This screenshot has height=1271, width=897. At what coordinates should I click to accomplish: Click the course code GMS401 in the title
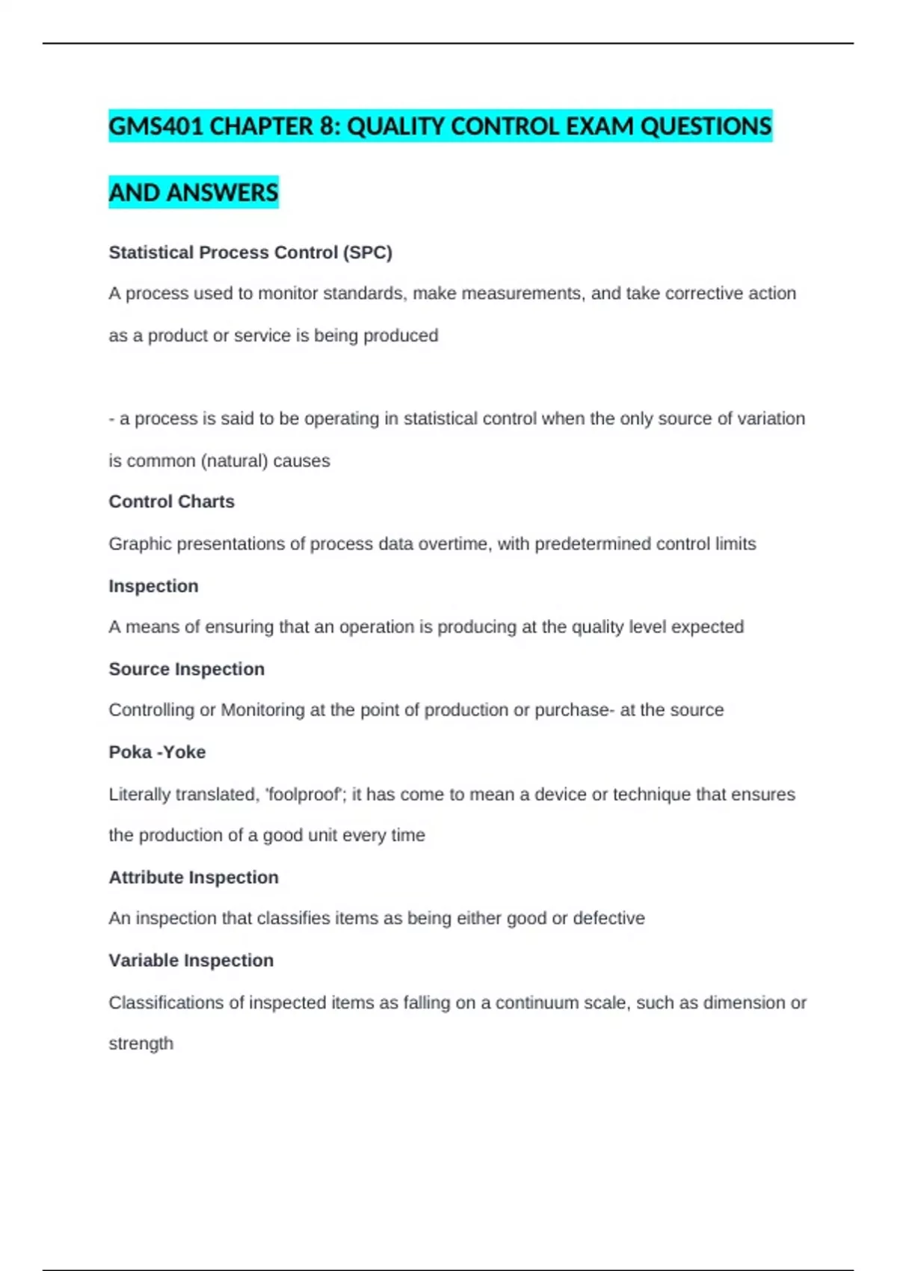point(156,126)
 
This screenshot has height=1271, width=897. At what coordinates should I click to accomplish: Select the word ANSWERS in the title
point(222,193)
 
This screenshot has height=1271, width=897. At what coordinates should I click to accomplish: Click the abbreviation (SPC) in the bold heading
point(367,253)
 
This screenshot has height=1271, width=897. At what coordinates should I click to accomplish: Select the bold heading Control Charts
point(171,502)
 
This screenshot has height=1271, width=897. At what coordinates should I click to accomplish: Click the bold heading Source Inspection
point(186,669)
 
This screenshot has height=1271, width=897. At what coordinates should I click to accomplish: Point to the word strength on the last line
point(141,1044)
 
